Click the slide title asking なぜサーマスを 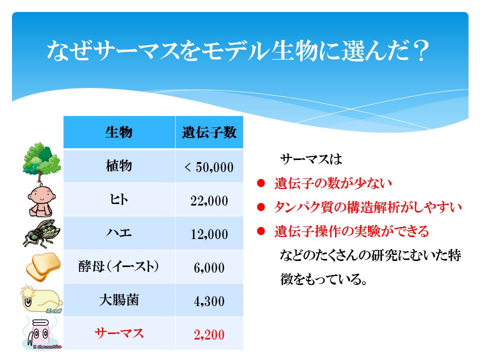238,51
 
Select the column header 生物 119,132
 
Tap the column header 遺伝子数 209,132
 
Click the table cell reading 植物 119,166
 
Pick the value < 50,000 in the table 209,167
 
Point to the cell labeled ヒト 119,199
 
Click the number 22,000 209,201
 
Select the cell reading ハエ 119,233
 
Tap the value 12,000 209,234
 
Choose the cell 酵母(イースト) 119,266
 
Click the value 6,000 209,268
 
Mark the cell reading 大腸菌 119,299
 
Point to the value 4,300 209,301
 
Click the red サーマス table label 119,333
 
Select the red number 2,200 209,334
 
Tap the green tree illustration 41,161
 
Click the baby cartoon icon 41,200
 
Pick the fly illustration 41,233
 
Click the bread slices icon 43,266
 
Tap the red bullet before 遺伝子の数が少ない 261,183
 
